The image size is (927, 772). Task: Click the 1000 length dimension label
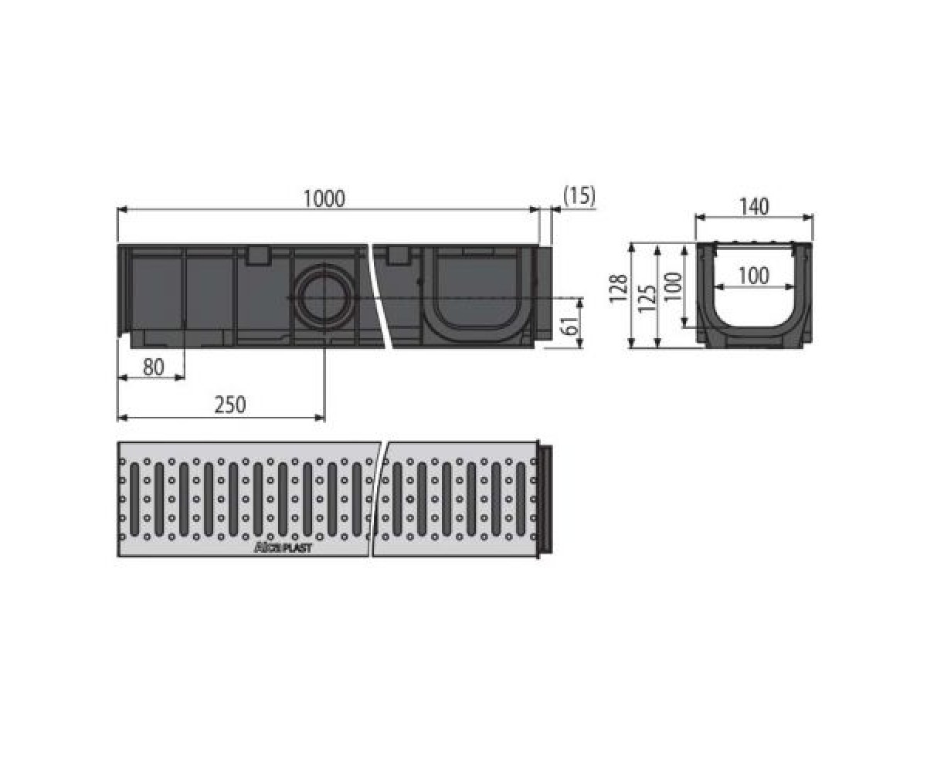(x=324, y=199)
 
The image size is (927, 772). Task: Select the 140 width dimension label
(x=754, y=207)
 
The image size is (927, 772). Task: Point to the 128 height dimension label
(x=618, y=289)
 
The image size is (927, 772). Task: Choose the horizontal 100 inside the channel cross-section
(x=754, y=276)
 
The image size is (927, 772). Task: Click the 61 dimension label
(x=571, y=326)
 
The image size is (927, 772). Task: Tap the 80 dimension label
(x=154, y=367)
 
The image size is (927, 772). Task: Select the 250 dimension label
(x=230, y=405)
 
